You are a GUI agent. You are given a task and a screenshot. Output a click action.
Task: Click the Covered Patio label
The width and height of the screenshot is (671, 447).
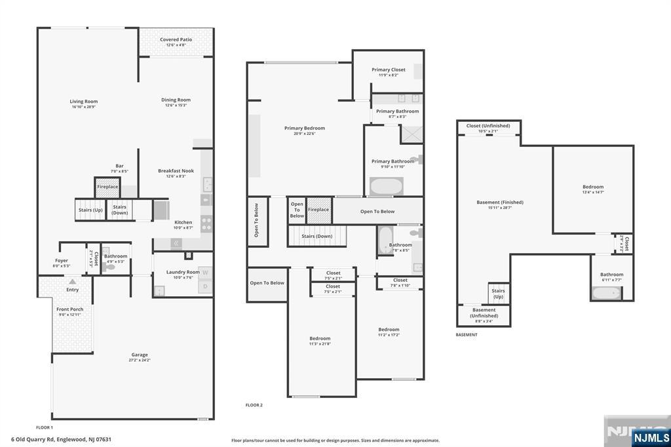pos(176,39)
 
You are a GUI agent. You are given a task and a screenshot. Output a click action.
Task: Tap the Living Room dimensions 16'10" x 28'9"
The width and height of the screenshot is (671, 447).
pos(84,107)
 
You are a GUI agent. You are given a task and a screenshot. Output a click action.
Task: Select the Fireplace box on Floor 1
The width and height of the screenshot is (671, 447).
pos(107,187)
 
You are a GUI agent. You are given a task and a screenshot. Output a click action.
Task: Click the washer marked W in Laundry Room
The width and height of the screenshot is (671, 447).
pos(205,272)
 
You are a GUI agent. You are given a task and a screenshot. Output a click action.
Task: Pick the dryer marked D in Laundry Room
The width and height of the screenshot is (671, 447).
pos(205,286)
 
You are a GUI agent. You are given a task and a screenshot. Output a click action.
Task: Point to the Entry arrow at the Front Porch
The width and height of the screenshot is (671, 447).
pos(73,282)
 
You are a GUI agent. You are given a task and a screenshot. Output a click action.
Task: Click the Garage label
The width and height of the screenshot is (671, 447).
pos(140,355)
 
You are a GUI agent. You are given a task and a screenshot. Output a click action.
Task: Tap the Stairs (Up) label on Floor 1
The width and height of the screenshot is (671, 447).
pos(90,210)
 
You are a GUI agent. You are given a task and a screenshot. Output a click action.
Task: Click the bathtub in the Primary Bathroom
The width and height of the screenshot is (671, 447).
pos(387,186)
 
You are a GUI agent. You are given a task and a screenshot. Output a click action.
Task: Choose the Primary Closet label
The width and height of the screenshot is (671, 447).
pos(388,69)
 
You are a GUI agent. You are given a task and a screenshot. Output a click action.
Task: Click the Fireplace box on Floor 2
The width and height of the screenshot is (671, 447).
pos(318,210)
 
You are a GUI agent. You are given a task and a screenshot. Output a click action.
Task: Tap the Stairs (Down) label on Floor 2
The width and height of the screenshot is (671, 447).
pos(316,236)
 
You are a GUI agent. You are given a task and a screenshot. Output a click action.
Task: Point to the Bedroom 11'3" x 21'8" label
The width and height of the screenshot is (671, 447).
pos(320,338)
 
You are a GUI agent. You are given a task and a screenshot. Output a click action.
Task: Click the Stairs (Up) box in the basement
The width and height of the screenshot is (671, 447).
pos(498,293)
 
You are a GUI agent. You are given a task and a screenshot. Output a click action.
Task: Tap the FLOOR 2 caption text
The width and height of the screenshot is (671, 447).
pos(254,405)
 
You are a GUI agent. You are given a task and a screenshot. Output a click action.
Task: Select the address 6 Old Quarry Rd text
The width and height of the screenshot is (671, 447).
pos(60,439)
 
